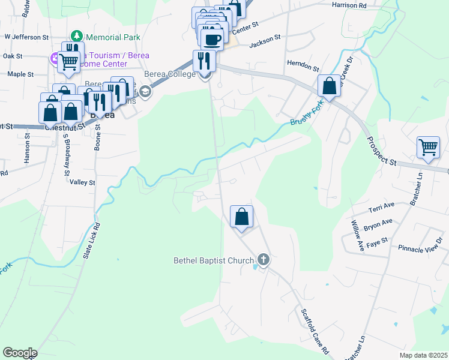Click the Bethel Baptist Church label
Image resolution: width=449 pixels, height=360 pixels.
click(x=213, y=260)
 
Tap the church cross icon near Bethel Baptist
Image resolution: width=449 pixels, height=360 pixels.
click(x=262, y=260)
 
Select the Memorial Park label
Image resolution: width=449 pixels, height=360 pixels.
click(x=112, y=37)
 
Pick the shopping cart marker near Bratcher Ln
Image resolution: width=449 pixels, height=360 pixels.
click(x=429, y=147)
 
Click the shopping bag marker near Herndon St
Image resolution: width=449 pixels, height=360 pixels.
click(x=329, y=85)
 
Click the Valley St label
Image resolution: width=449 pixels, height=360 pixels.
click(x=82, y=182)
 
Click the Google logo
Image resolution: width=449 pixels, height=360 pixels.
click(x=20, y=353)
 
